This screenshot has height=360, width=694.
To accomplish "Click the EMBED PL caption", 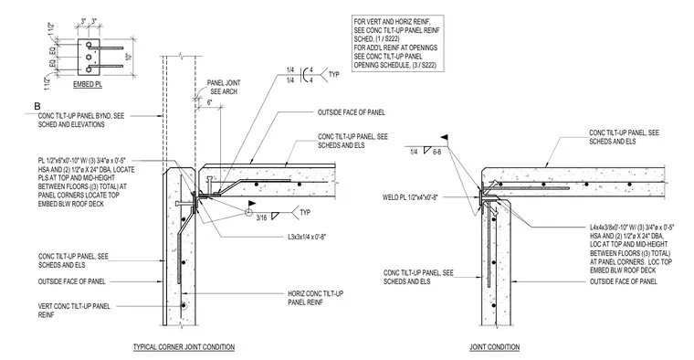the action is [88, 84].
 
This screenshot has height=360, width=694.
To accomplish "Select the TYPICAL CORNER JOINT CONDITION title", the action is [184, 347].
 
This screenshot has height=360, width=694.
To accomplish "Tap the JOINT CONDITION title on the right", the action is [494, 347].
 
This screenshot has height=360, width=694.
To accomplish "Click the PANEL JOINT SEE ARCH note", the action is [224, 87].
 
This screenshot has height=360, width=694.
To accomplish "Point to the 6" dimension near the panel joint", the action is [210, 101].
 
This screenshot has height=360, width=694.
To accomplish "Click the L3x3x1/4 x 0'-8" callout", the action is [308, 237].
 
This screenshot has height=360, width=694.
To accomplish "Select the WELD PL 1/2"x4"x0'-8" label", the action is [410, 197].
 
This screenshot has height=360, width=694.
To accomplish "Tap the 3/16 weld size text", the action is [261, 217].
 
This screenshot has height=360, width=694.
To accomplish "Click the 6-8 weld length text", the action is [436, 152].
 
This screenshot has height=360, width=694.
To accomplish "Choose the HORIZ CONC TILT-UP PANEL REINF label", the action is [315, 298].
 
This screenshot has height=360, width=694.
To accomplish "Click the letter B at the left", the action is [37, 107].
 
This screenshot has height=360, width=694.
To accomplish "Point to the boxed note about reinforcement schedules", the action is [396, 43].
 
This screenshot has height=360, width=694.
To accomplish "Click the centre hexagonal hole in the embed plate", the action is [89, 57].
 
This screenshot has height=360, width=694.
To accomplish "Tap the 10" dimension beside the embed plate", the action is [129, 57].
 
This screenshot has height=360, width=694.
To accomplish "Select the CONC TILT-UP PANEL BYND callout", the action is [81, 120].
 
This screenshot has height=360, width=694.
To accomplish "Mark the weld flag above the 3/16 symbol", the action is [252, 205].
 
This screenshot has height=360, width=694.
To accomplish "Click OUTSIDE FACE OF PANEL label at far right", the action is [623, 281].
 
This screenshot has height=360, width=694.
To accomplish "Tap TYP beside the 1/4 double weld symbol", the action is [333, 75].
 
